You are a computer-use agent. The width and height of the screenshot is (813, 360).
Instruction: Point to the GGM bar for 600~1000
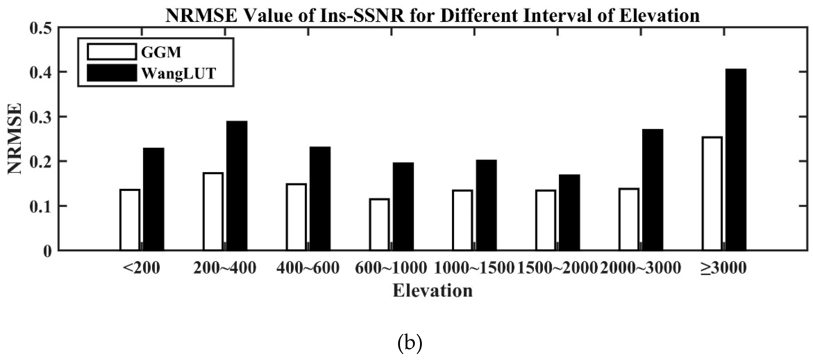tap(379, 224)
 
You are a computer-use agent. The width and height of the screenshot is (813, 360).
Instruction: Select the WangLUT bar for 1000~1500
tap(486, 205)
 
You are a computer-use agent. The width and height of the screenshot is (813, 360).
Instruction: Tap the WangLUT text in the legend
tap(179, 73)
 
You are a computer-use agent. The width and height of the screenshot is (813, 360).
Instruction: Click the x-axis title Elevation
tap(432, 291)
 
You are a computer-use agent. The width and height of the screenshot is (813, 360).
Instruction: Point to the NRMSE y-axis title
tap(14, 139)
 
